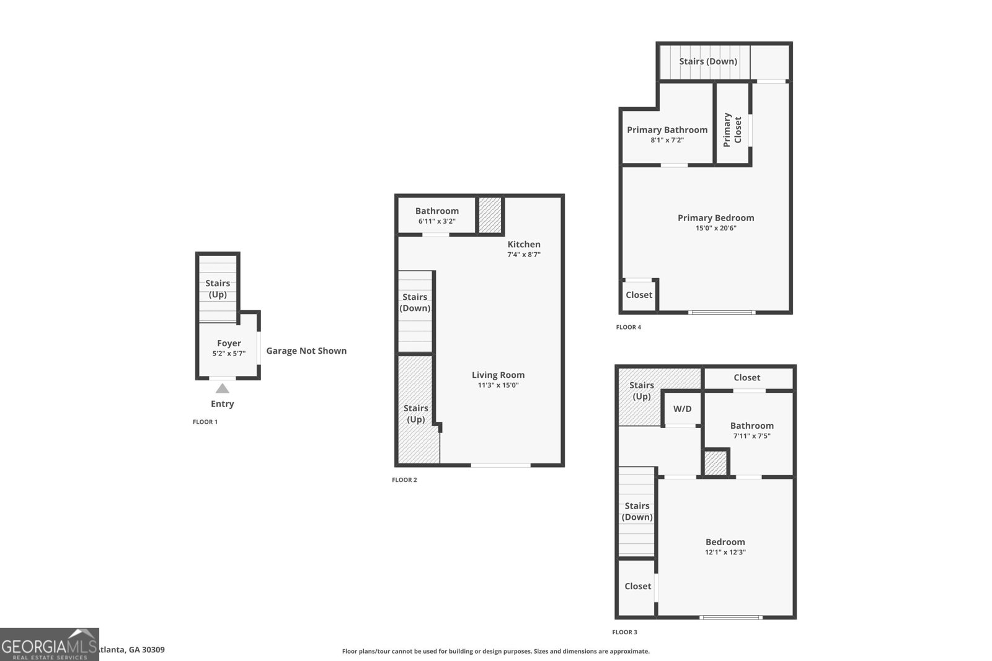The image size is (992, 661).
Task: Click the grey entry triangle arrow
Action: [222, 388]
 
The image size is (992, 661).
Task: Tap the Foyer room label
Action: [229, 343]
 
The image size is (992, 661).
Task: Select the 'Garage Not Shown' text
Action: [306, 351]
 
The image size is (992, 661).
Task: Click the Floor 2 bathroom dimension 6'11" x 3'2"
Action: [436, 221]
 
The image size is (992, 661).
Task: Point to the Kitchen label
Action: [524, 244]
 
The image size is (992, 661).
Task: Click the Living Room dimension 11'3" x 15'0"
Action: [498, 385]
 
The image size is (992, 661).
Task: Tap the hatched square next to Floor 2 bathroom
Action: [490, 215]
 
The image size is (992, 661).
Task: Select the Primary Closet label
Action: [732, 129]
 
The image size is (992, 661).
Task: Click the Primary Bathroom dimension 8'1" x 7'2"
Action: [666, 140]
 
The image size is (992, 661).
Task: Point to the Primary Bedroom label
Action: [715, 217]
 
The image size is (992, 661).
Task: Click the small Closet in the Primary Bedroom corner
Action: [639, 295]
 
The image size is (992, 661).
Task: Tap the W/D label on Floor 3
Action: [682, 409]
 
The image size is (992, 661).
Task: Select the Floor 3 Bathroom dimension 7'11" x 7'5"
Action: [751, 436]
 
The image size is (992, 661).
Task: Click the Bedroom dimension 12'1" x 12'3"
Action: [725, 552]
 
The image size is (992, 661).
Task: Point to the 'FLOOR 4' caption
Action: [628, 327]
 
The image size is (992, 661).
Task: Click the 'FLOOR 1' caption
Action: [205, 422]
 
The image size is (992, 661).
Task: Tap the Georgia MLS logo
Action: [49, 644]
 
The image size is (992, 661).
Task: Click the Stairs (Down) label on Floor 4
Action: [707, 61]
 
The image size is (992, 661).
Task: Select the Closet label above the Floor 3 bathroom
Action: [746, 377]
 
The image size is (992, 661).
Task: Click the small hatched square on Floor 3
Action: [715, 463]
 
